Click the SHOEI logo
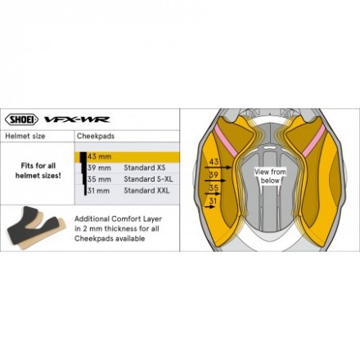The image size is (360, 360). point(21,119)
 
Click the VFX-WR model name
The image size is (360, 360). point(77,119)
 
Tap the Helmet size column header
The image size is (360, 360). point(25,136)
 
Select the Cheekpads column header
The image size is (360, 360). point(96,136)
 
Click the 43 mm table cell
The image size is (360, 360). point(99,157)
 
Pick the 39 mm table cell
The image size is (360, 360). point(99,168)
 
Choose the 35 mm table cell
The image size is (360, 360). point(99,179)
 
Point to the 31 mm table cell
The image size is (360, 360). point(99,191)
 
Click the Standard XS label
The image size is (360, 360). point(145,168)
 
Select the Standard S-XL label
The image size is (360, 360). point(148,179)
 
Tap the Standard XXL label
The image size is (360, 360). point(146,191)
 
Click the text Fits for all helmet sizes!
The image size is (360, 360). point(38,170)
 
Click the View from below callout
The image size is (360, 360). point(270,176)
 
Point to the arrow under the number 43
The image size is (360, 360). point(218,168)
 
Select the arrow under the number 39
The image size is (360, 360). point(215,180)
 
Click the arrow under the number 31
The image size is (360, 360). point(209,207)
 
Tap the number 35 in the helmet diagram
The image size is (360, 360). point(214,187)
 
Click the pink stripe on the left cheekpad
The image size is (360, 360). point(223,141)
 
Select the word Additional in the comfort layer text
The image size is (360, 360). point(92,219)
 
